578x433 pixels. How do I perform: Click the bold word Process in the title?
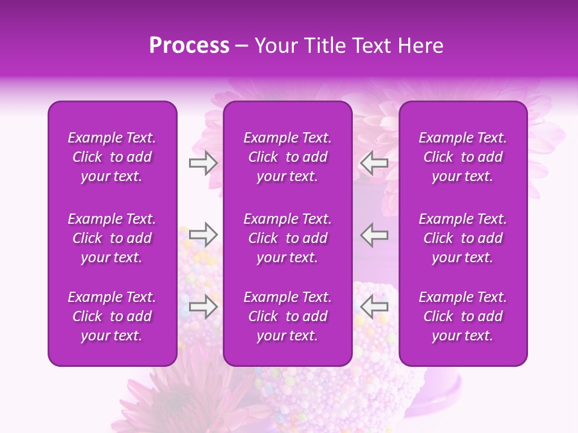click(189, 46)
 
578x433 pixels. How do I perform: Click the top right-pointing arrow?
click(203, 163)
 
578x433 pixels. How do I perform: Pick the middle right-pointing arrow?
click(203, 234)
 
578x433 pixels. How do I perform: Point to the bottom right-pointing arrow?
click(203, 307)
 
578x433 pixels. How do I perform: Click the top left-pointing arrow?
click(374, 163)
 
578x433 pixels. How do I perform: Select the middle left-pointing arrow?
click(374, 234)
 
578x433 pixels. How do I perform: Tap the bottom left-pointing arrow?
click(374, 307)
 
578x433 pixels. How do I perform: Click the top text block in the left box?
click(112, 157)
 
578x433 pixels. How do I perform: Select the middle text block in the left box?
click(112, 238)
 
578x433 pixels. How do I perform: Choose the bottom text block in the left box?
click(112, 316)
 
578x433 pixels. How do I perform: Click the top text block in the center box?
click(287, 157)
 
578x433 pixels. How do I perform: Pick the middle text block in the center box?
click(287, 238)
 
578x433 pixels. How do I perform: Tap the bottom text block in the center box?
click(287, 316)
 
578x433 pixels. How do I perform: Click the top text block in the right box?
click(462, 157)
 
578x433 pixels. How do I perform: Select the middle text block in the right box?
click(462, 238)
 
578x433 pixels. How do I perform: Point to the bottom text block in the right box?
click(462, 316)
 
